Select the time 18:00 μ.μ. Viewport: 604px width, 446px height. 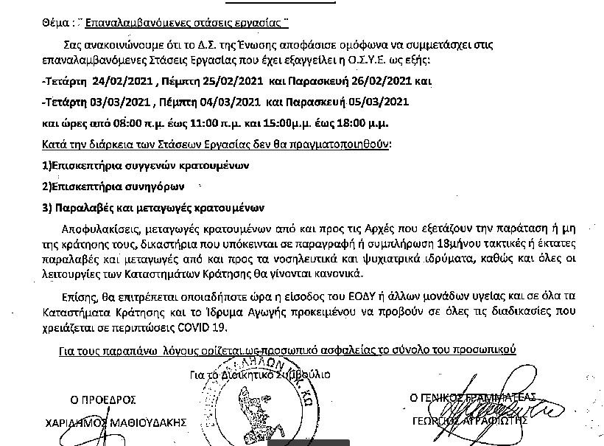(361, 121)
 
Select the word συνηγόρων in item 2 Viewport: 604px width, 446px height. (156, 186)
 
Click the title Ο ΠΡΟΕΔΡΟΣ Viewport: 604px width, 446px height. (103, 400)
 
